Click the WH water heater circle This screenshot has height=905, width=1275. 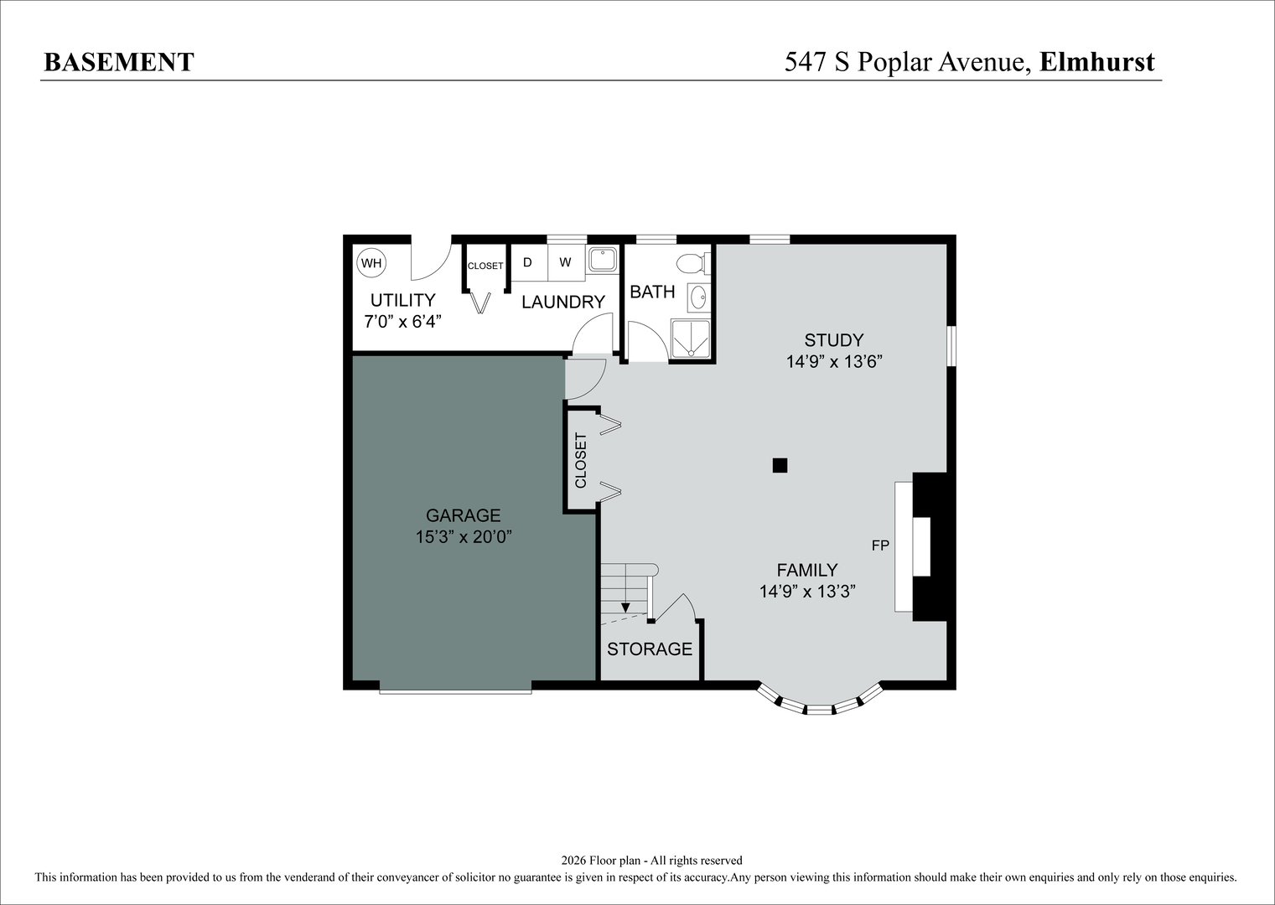tap(371, 263)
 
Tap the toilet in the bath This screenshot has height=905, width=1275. tap(693, 263)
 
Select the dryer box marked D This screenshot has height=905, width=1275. tap(528, 262)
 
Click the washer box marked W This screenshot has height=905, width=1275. tap(566, 262)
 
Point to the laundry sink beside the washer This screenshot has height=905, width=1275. tap(602, 260)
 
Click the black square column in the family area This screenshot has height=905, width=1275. tap(780, 465)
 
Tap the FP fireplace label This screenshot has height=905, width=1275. tap(880, 546)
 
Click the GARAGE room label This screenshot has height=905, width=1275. tap(463, 515)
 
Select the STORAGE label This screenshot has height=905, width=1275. tap(650, 649)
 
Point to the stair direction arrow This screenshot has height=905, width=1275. tap(625, 608)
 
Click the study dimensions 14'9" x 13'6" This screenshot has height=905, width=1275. tap(834, 361)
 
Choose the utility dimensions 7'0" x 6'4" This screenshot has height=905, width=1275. tap(402, 321)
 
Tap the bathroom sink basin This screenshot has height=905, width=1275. tap(697, 296)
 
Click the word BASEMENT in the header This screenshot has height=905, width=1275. tap(118, 62)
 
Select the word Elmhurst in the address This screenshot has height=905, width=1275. tap(1096, 62)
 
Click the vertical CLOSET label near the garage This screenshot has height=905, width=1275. tap(581, 460)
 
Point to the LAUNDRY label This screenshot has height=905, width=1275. tap(563, 302)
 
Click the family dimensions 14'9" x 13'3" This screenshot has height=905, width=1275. tap(806, 592)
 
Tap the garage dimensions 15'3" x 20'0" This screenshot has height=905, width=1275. tap(464, 536)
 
